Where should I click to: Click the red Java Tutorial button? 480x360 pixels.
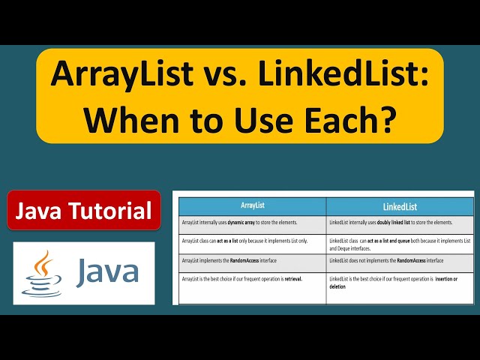(x=84, y=211)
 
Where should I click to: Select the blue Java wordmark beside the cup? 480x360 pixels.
(x=107, y=271)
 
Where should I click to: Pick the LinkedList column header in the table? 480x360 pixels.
(x=400, y=205)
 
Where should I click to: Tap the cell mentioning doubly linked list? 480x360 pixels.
(x=400, y=223)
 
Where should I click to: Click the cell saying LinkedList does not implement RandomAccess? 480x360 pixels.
(x=400, y=260)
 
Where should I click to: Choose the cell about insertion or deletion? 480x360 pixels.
(x=400, y=285)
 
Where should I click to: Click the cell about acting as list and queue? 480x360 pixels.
(x=400, y=243)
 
